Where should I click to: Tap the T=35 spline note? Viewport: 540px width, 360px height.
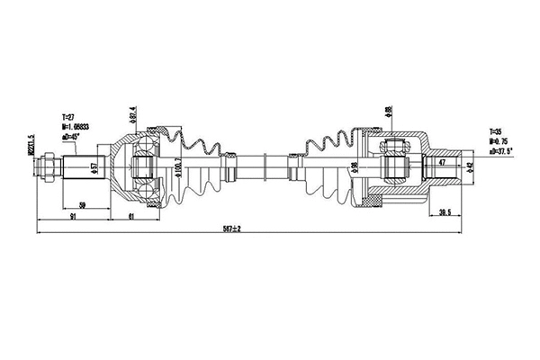[x=497, y=131]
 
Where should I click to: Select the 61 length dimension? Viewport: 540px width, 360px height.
[x=132, y=217]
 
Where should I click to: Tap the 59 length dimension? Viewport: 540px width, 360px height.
[x=83, y=205]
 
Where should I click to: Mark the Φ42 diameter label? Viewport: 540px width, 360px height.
[x=467, y=167]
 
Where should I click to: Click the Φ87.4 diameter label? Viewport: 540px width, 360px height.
[x=133, y=121]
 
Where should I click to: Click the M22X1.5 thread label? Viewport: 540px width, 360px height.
[x=31, y=149]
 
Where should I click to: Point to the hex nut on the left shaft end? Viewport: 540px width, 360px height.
[x=49, y=167]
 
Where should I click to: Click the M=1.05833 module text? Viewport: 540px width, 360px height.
[x=76, y=126]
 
